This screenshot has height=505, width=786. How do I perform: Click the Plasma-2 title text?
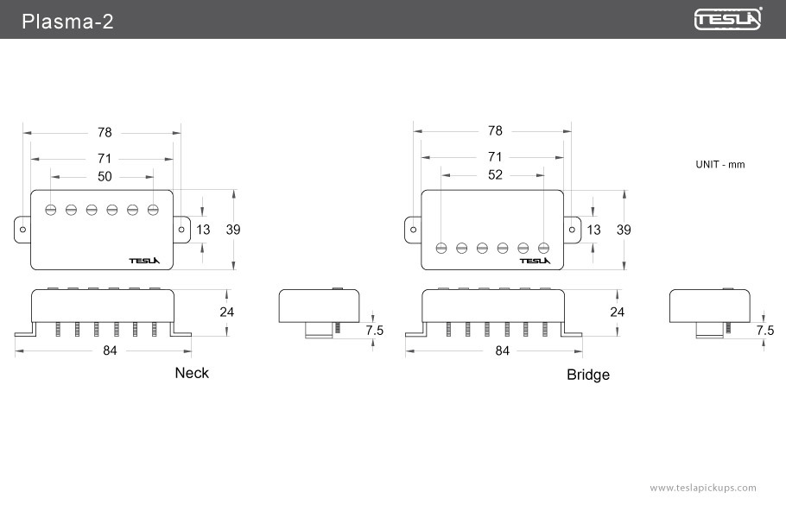(x=67, y=22)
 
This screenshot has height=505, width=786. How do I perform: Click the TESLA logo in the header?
(x=728, y=19)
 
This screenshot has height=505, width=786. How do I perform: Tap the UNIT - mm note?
(x=719, y=164)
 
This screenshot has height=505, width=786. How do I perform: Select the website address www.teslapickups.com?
(x=703, y=488)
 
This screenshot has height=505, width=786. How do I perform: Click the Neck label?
(x=192, y=373)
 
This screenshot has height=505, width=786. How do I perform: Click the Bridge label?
(x=588, y=375)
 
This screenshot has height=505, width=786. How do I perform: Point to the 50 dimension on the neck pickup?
(x=105, y=176)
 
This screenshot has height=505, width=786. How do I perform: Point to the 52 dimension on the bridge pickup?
(x=495, y=175)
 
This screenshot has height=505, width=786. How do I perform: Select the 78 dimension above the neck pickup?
(x=105, y=132)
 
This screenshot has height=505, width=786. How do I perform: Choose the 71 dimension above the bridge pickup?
(x=495, y=157)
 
